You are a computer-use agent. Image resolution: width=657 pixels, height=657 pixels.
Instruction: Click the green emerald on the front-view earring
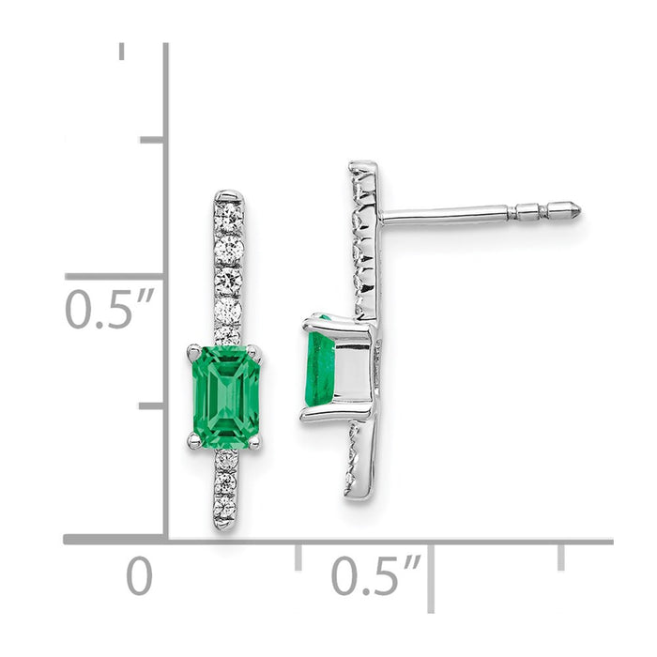225,394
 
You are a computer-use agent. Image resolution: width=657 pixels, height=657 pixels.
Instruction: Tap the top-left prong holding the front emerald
194,352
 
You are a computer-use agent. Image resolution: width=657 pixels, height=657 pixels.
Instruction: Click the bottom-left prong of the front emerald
193,439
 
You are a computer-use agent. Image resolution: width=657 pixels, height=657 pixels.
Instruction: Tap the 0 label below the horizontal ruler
139,575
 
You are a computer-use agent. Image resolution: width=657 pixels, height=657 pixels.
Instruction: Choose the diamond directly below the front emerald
226,461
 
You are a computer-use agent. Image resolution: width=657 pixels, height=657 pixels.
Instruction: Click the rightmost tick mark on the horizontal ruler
560,557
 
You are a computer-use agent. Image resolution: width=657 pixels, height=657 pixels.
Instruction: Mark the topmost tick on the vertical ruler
122,51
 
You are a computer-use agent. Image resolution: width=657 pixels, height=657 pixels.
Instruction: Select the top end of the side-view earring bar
363,167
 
